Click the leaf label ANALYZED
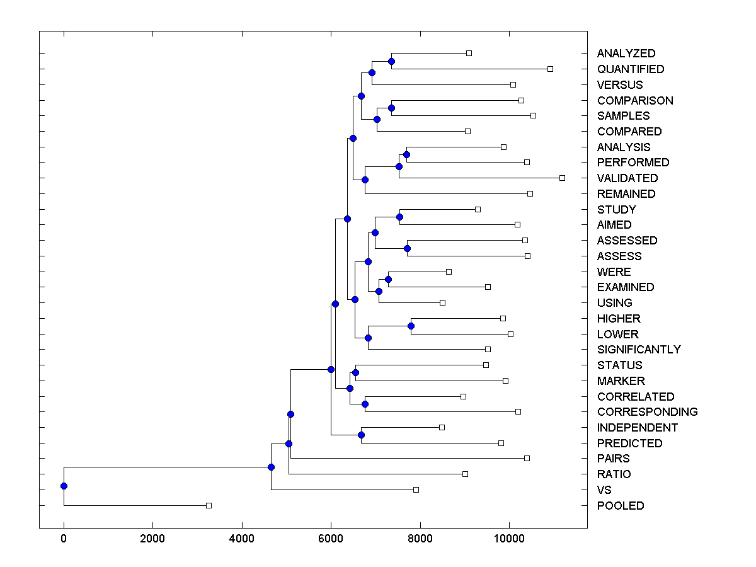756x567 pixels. pyautogui.click(x=626, y=54)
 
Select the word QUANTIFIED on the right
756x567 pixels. pyautogui.click(x=631, y=69)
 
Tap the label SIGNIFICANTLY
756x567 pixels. pyautogui.click(x=639, y=350)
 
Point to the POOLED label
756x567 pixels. pyautogui.click(x=621, y=506)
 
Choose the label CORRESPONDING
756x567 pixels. pyautogui.click(x=647, y=412)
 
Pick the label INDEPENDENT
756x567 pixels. pyautogui.click(x=638, y=428)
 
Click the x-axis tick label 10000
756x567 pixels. pyautogui.click(x=509, y=539)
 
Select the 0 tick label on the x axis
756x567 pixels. pyautogui.click(x=64, y=539)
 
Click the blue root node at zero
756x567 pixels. pyautogui.click(x=64, y=486)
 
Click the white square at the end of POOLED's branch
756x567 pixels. pyautogui.click(x=209, y=505)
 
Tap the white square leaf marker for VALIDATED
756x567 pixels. pyautogui.click(x=562, y=178)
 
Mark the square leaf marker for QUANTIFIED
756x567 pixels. pyautogui.click(x=550, y=69)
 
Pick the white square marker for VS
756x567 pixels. pyautogui.click(x=416, y=490)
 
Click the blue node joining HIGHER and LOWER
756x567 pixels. pyautogui.click(x=411, y=326)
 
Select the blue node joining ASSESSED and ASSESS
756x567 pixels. pyautogui.click(x=407, y=248)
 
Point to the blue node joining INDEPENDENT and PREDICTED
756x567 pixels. pyautogui.click(x=361, y=435)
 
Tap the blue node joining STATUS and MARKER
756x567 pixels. pyautogui.click(x=355, y=372)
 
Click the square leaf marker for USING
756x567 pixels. pyautogui.click(x=442, y=302)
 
